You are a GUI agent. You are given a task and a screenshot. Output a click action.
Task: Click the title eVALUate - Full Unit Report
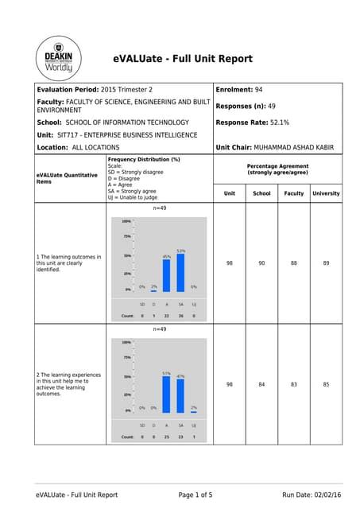tap(183, 59)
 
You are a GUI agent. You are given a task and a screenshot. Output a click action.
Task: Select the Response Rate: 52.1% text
tap(253, 122)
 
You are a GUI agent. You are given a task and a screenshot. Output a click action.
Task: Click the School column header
tap(261, 193)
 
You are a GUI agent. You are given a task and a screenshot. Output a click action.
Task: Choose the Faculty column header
tap(293, 193)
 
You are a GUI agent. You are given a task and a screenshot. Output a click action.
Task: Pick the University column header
tap(326, 193)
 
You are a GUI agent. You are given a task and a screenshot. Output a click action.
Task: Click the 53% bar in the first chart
tap(181, 273)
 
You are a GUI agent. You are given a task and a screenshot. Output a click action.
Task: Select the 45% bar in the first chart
tap(167, 275)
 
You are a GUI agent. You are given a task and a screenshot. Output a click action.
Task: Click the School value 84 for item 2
tap(261, 384)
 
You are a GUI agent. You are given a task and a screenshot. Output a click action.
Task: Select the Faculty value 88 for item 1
tap(293, 262)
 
